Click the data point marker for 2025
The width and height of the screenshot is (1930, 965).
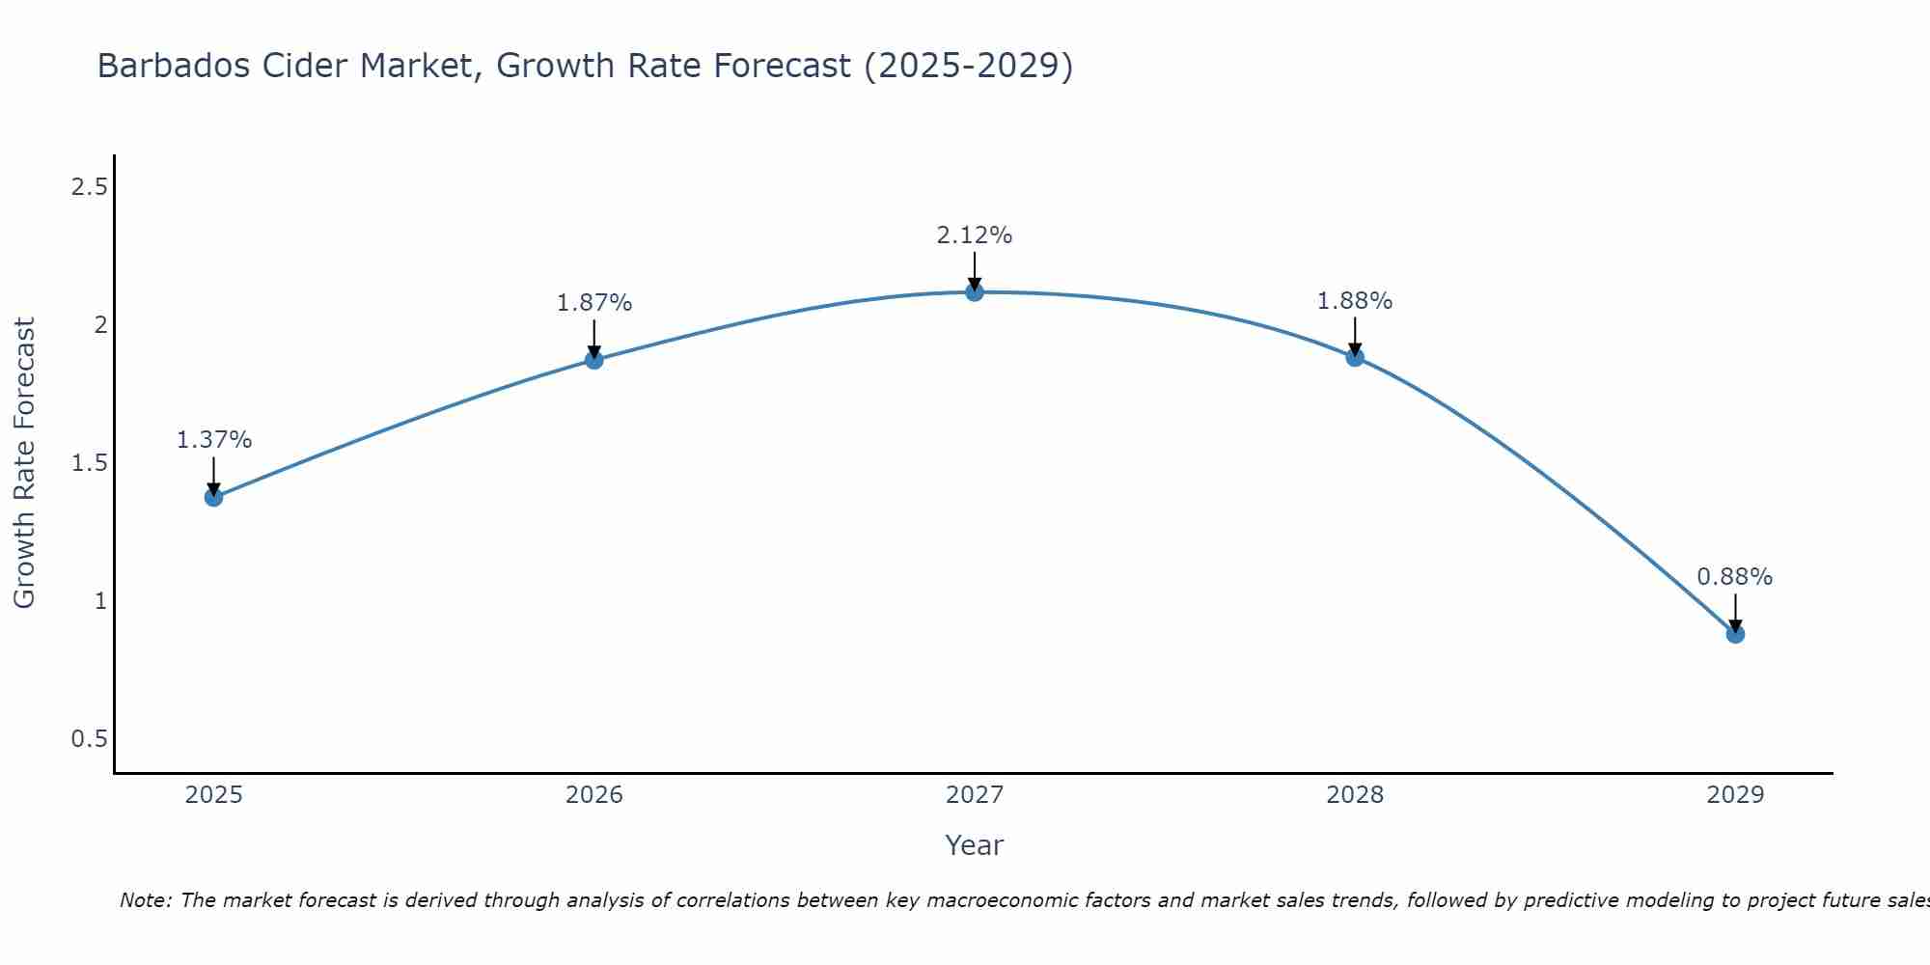(213, 497)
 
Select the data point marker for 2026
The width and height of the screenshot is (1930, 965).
(594, 360)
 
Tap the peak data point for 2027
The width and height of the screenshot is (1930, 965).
(975, 291)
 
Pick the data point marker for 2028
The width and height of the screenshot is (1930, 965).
(1355, 357)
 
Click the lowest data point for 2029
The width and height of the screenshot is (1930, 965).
(1735, 634)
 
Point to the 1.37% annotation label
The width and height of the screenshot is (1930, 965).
(213, 440)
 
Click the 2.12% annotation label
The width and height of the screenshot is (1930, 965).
(975, 235)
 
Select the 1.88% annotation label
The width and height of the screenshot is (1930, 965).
(1355, 301)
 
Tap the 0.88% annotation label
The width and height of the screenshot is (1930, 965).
(1735, 577)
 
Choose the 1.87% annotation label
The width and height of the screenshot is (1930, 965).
(594, 303)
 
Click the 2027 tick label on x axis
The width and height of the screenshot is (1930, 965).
(975, 795)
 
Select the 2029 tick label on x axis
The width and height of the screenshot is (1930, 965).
(1735, 795)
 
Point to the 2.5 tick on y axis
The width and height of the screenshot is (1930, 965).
(89, 187)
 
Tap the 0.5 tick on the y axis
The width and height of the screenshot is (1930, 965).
(89, 739)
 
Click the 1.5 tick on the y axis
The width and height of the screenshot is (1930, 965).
(89, 463)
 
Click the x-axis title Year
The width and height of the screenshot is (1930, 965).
(975, 845)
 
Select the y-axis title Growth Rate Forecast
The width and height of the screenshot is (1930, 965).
(24, 463)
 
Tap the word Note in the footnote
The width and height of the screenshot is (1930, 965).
(145, 900)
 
